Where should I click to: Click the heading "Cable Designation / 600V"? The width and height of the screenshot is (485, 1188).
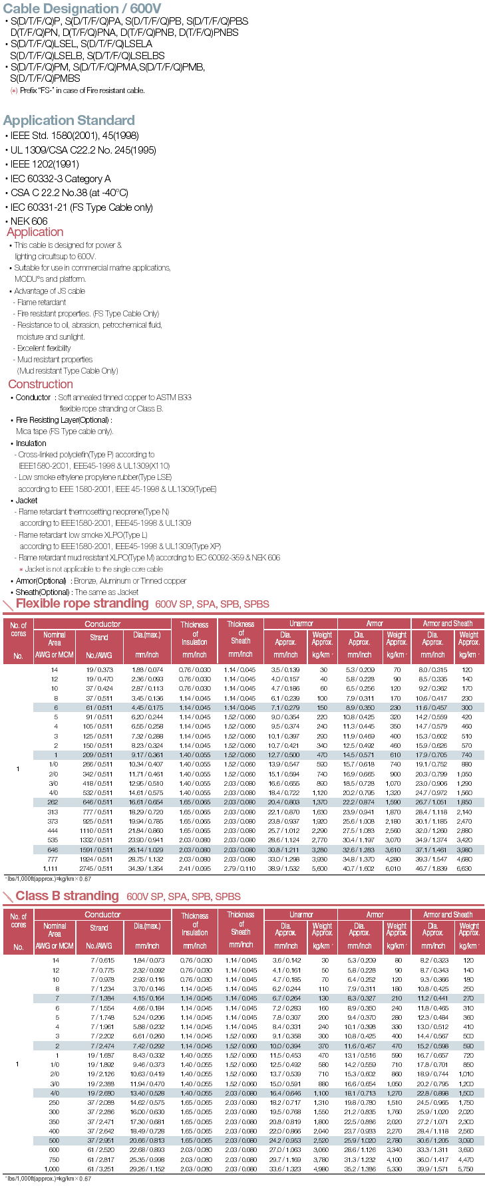tap(82, 9)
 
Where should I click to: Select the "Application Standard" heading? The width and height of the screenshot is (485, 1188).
tap(69, 120)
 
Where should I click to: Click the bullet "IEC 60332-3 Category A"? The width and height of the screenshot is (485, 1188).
tap(61, 179)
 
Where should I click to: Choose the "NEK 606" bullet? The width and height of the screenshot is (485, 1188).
tap(29, 221)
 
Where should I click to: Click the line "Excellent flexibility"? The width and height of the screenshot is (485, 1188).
tap(44, 348)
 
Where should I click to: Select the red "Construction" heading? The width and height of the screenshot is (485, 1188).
tap(41, 384)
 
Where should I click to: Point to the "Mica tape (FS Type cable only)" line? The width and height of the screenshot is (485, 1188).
tap(65, 431)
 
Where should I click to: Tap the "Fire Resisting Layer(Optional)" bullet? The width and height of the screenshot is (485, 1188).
tap(64, 420)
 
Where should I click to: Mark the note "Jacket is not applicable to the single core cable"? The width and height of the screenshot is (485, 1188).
tap(93, 569)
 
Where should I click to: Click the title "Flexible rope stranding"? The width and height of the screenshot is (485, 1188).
tap(82, 603)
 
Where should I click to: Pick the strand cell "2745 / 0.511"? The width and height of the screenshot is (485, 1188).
tap(98, 868)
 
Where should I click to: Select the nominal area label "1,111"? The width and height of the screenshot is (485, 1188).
tap(51, 868)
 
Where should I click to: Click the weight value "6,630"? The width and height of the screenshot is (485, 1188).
tap(464, 868)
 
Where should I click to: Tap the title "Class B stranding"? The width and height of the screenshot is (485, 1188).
tap(67, 895)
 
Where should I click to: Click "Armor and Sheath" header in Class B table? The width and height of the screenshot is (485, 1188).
tap(448, 915)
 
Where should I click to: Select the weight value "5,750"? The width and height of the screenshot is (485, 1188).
tap(465, 1169)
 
